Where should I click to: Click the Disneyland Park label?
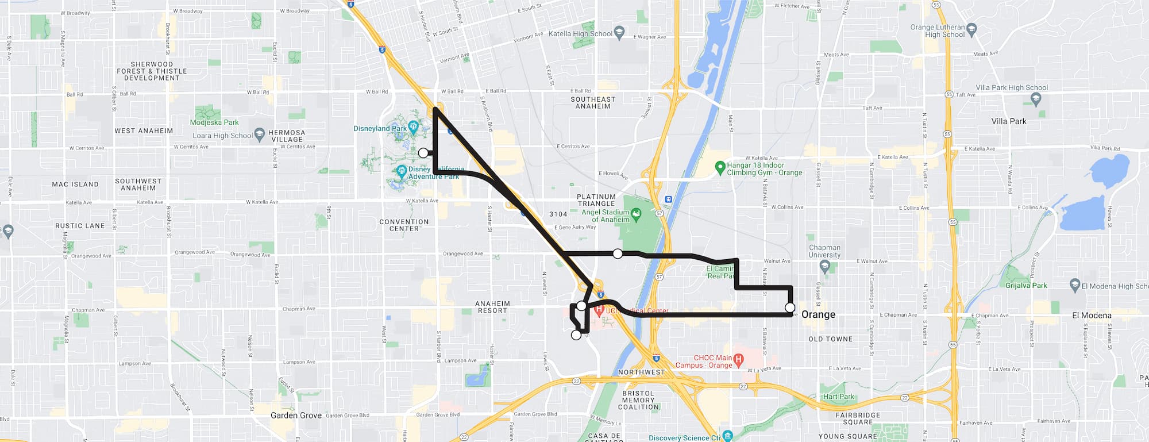tap(380, 129)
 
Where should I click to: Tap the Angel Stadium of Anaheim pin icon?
tap(636, 215)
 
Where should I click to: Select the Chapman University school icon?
tap(825, 266)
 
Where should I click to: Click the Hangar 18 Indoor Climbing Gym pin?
tap(720, 168)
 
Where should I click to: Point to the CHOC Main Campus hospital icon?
tap(739, 360)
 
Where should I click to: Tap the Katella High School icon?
tap(619, 33)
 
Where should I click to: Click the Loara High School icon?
tap(259, 134)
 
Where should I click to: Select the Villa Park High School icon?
tap(1036, 99)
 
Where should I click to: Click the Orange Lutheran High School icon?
tap(971, 29)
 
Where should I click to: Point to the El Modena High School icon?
tap(1075, 285)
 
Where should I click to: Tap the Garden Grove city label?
tap(296, 416)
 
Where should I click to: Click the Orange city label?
tap(818, 315)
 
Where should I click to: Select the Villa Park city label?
tap(1008, 121)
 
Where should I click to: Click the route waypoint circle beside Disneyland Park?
tap(423, 153)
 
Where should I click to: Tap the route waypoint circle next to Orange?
tap(790, 308)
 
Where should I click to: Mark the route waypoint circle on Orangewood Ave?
tap(618, 253)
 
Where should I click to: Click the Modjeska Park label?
tap(214, 122)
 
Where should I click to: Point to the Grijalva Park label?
tap(1026, 286)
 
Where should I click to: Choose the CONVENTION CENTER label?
tap(404, 225)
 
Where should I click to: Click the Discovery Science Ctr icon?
tap(728, 436)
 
